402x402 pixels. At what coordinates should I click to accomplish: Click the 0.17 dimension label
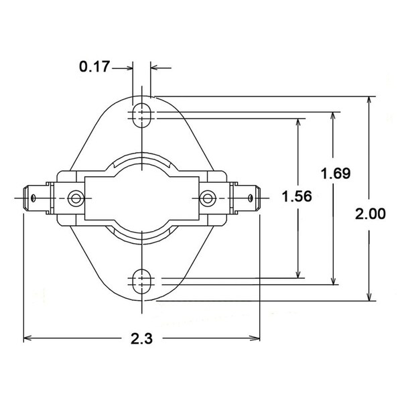pyautogui.click(x=94, y=66)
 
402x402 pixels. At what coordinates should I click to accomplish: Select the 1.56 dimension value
pyautogui.click(x=297, y=196)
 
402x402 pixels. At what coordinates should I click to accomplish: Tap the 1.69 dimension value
pyautogui.click(x=336, y=174)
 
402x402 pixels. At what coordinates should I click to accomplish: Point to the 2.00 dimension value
pyautogui.click(x=371, y=214)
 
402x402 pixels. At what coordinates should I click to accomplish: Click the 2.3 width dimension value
pyautogui.click(x=141, y=338)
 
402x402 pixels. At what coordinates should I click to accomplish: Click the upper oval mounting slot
pyautogui.click(x=141, y=115)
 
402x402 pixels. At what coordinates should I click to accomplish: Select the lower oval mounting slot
pyautogui.click(x=141, y=281)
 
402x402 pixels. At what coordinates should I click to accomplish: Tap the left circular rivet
pyautogui.click(x=76, y=198)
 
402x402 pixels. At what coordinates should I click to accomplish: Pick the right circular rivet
pyautogui.click(x=208, y=198)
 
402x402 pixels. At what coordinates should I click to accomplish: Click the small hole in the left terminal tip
pyautogui.click(x=33, y=198)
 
